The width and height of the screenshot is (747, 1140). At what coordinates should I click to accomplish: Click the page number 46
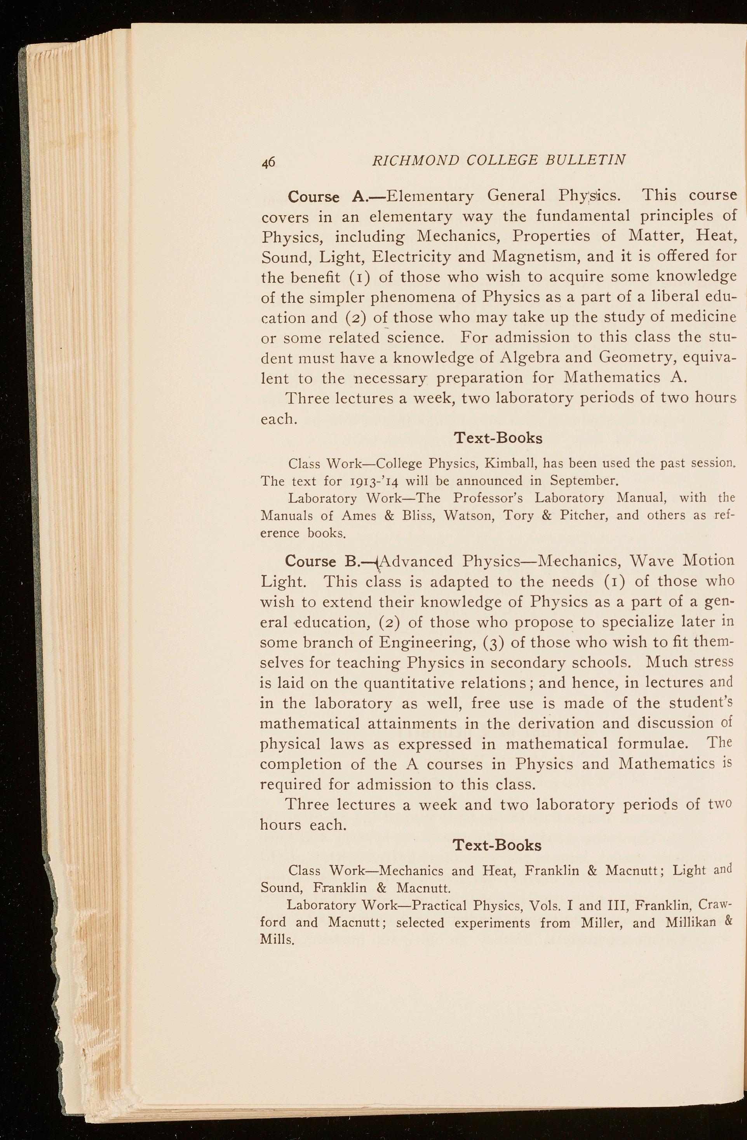[x=268, y=162]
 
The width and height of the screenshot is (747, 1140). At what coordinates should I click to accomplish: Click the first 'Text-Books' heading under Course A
[x=498, y=438]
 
